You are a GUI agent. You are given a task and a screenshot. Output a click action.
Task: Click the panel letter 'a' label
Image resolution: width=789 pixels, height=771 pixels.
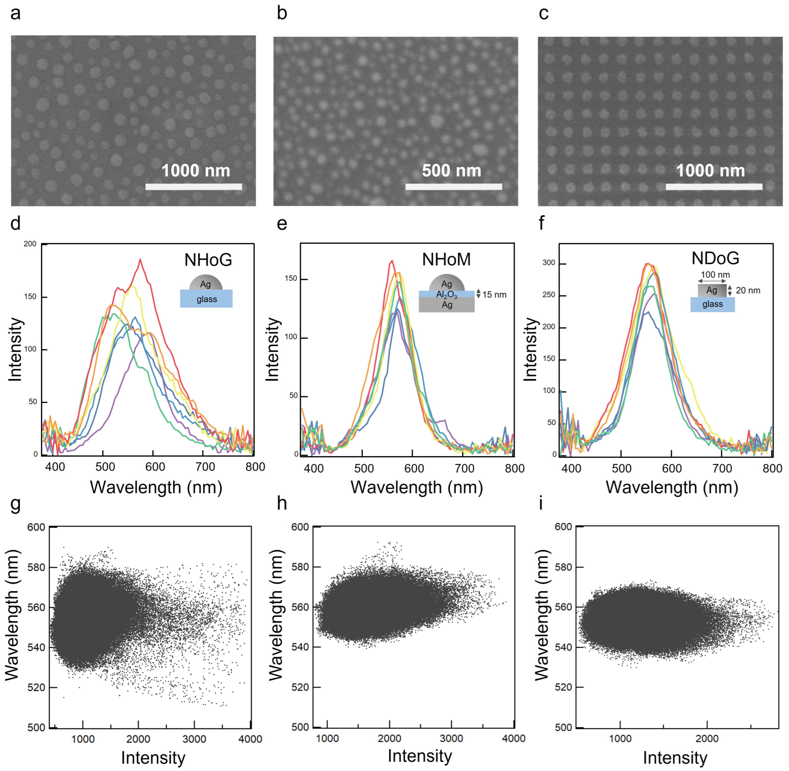click(x=15, y=14)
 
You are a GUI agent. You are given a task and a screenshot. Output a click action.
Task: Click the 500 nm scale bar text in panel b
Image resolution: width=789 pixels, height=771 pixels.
click(x=451, y=170)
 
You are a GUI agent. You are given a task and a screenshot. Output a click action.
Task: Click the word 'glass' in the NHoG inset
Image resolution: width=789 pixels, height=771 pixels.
click(x=207, y=299)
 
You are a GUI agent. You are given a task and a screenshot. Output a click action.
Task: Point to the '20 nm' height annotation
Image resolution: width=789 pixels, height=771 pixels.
click(x=748, y=290)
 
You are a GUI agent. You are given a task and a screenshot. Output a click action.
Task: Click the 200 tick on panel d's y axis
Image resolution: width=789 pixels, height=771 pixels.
click(x=30, y=244)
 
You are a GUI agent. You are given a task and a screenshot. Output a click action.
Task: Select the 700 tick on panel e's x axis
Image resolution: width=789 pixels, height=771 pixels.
click(x=464, y=468)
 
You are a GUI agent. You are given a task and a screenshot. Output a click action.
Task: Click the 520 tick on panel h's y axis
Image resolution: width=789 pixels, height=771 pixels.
click(x=300, y=687)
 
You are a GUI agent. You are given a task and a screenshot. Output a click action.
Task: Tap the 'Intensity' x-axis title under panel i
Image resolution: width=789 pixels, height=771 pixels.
click(x=675, y=758)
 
